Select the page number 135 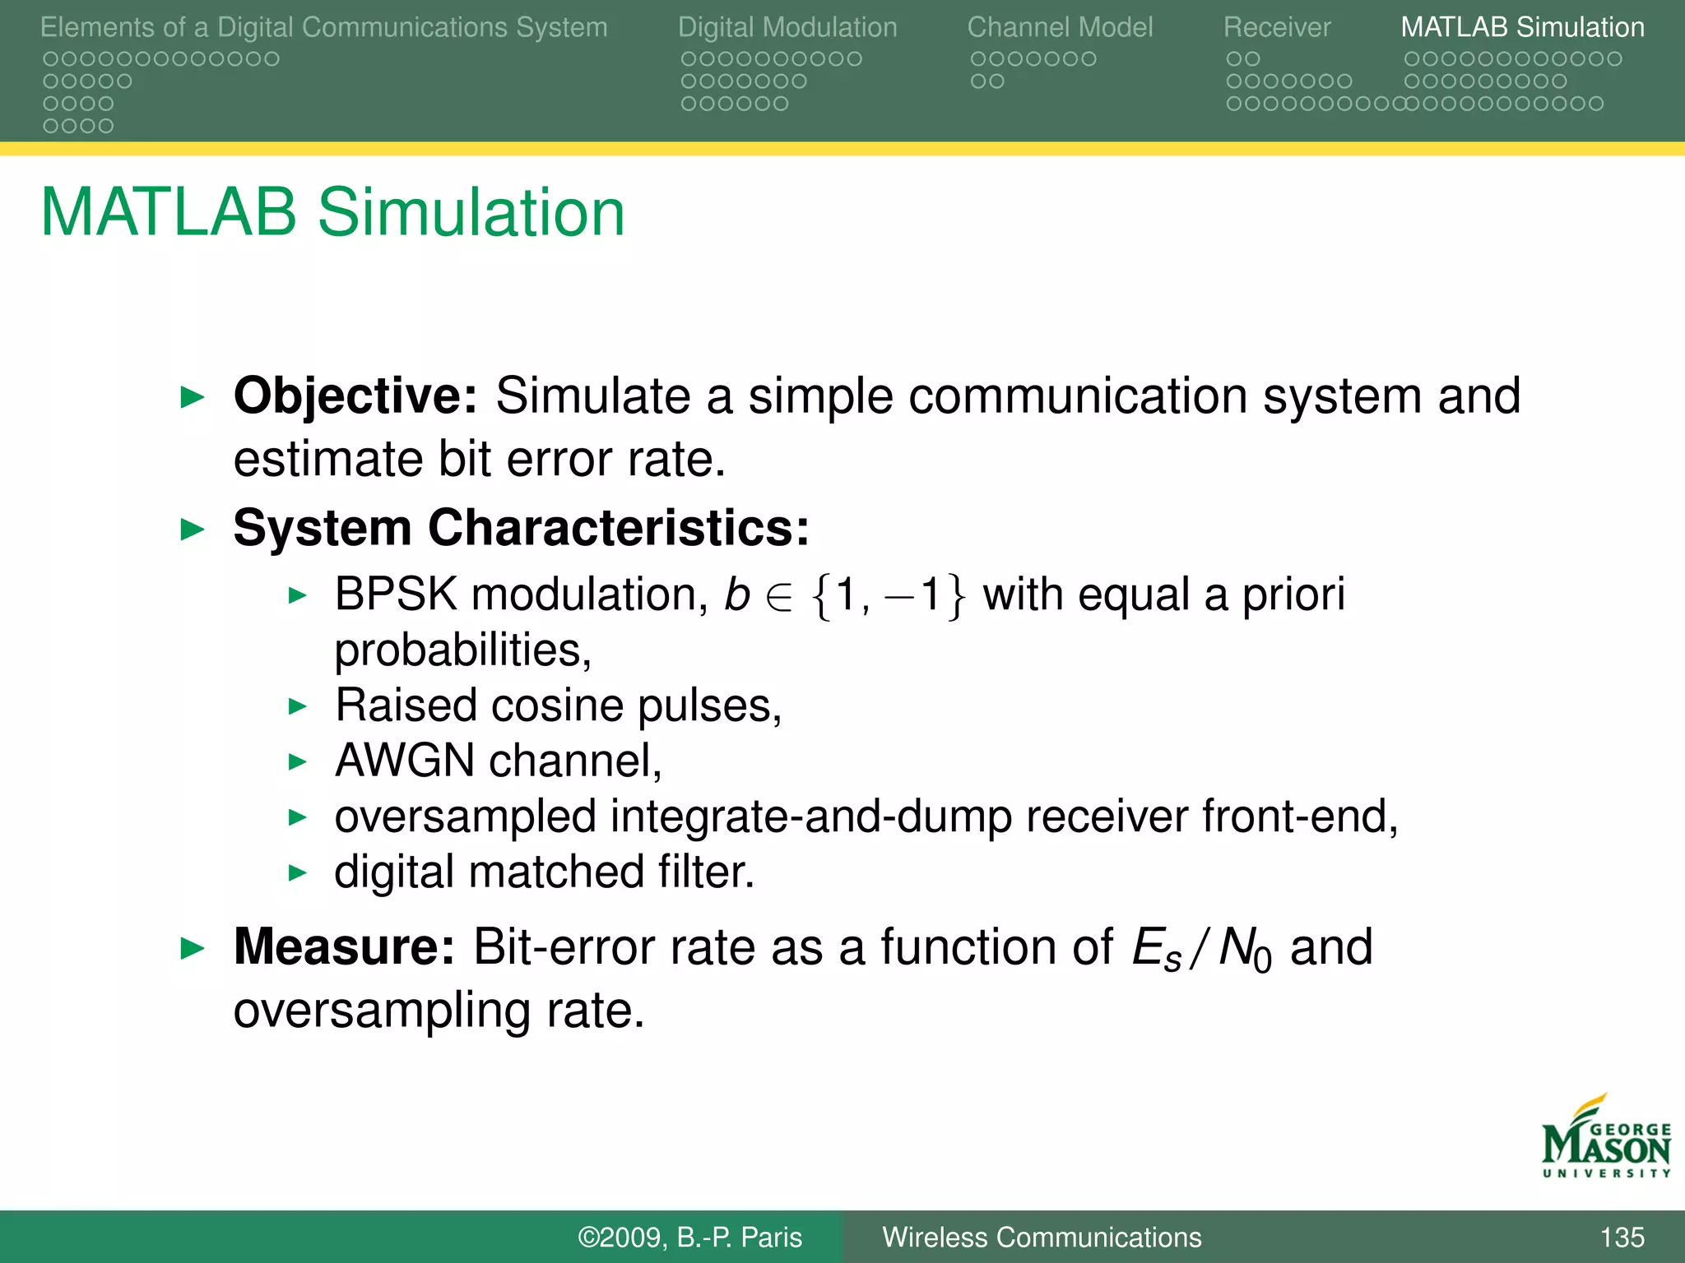(1622, 1238)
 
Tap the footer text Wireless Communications (1042, 1238)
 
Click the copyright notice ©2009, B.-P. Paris (689, 1238)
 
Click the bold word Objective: (355, 396)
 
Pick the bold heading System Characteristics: (522, 528)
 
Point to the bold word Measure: (344, 947)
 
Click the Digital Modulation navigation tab (787, 27)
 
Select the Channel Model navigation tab (1060, 27)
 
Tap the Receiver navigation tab (1276, 27)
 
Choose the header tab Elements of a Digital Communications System (324, 27)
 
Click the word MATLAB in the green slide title (169, 213)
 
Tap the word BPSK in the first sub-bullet (396, 594)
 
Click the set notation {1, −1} (888, 595)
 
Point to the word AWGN (405, 761)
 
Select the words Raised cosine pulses (558, 706)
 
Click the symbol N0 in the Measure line (1245, 950)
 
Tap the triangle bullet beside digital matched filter (297, 872)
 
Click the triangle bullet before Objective (192, 398)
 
